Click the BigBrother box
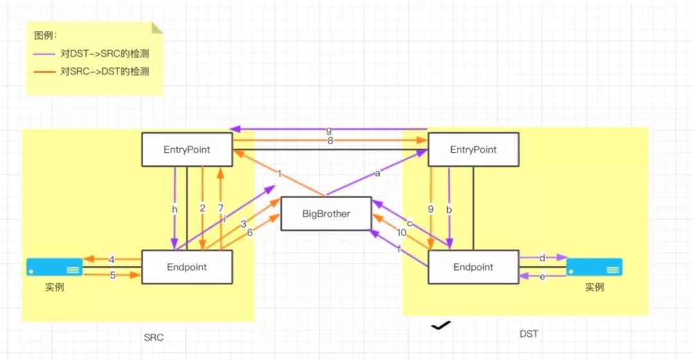pyautogui.click(x=326, y=214)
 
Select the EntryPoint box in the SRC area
pyautogui.click(x=187, y=150)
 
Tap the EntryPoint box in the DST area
pyautogui.click(x=473, y=150)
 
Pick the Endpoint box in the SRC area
pyautogui.click(x=187, y=267)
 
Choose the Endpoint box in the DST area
pyautogui.click(x=473, y=267)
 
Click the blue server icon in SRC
pyautogui.click(x=55, y=267)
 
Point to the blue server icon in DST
pyautogui.click(x=594, y=267)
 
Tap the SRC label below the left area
pyautogui.click(x=153, y=337)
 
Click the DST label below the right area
pyautogui.click(x=529, y=334)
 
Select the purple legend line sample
pyautogui.click(x=44, y=54)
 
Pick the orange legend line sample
pyautogui.click(x=44, y=72)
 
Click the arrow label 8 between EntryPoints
pyautogui.click(x=330, y=141)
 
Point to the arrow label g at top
pyautogui.click(x=329, y=131)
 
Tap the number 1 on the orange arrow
pyautogui.click(x=280, y=173)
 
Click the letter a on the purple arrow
pyautogui.click(x=377, y=173)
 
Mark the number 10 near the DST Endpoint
pyautogui.click(x=402, y=232)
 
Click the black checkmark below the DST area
pyautogui.click(x=441, y=326)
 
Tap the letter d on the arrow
pyautogui.click(x=542, y=258)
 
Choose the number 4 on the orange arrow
pyautogui.click(x=112, y=259)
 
